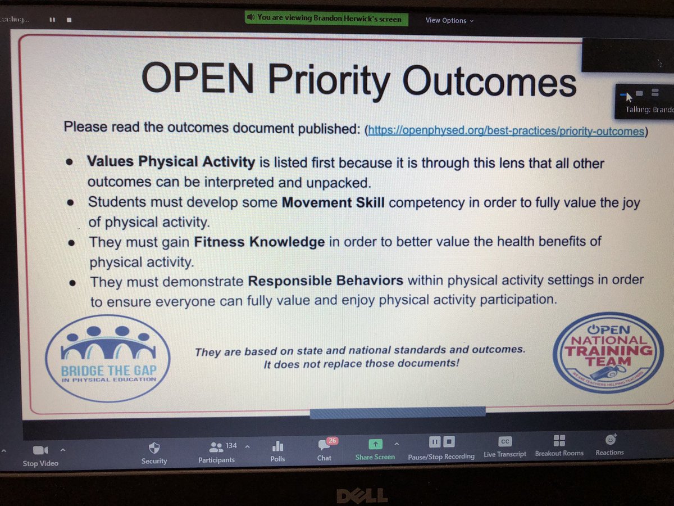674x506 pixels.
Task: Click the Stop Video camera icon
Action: point(40,450)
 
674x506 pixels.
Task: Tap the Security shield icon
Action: point(154,448)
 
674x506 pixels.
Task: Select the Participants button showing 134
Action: point(216,448)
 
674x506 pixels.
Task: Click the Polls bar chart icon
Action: point(277,446)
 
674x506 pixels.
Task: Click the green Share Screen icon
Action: point(375,444)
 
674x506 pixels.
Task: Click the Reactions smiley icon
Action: point(610,439)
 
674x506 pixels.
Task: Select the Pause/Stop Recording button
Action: point(441,442)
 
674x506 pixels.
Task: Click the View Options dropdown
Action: point(449,20)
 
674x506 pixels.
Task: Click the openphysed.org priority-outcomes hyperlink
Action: point(505,132)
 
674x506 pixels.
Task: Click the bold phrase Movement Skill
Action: point(333,202)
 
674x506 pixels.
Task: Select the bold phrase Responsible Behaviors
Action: point(326,281)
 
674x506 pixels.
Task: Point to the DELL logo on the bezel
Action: point(362,495)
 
